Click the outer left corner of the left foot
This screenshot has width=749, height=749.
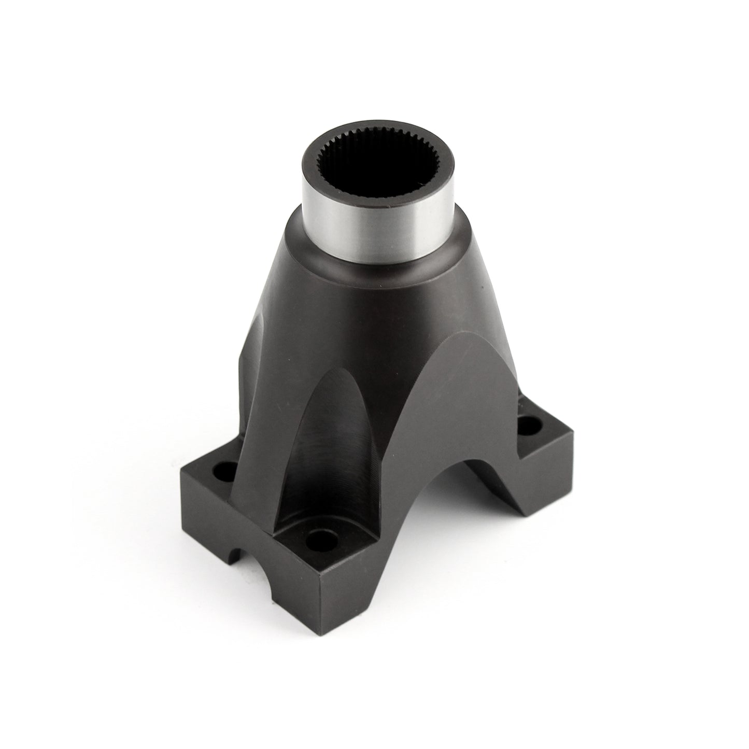pos(181,470)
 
